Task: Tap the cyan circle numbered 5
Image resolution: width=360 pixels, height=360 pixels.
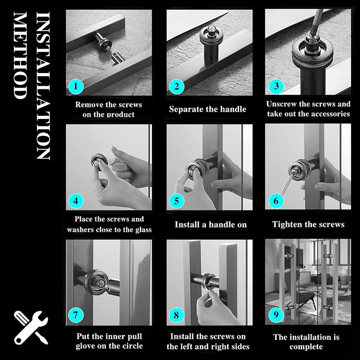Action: [176, 201]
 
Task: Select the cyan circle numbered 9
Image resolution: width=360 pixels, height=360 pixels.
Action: [276, 315]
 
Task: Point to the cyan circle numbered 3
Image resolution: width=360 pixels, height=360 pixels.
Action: [276, 86]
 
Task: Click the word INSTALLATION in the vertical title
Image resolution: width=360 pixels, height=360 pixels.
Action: [43, 86]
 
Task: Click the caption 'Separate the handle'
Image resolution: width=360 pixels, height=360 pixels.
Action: [207, 109]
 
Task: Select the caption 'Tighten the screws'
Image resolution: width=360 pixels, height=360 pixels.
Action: [308, 224]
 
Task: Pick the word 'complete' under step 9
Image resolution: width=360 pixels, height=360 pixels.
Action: [306, 347]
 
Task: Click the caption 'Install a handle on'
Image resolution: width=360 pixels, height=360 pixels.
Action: [211, 224]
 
